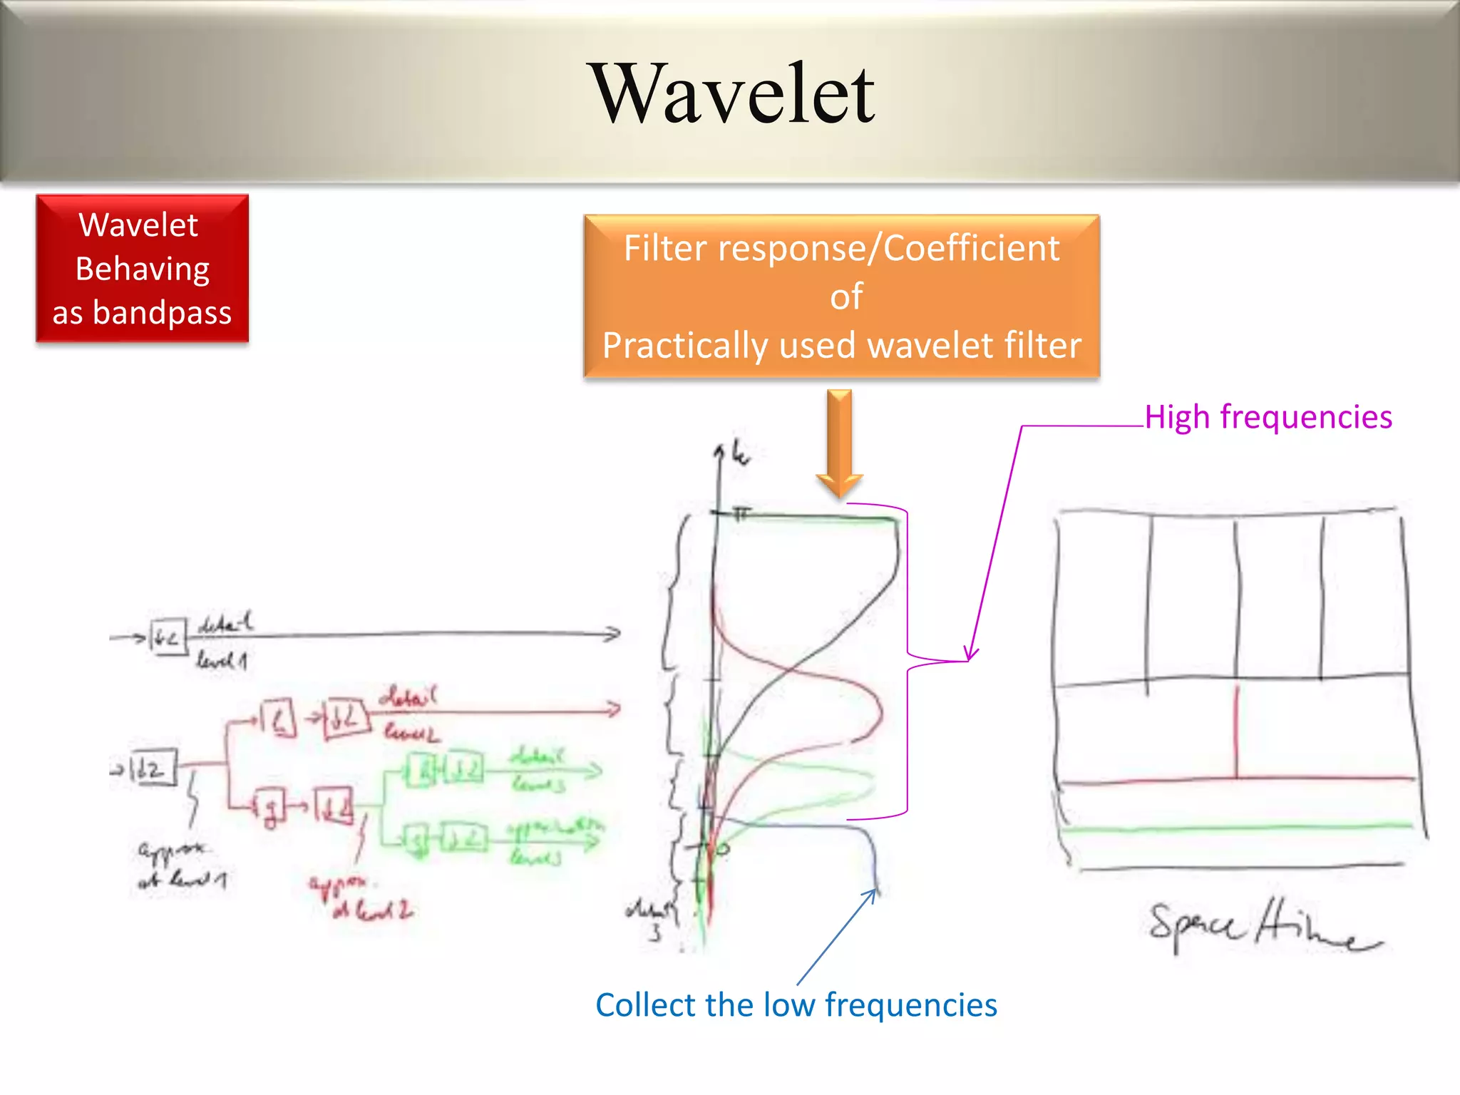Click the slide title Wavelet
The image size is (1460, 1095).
[734, 95]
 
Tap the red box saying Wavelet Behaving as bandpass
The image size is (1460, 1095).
[142, 269]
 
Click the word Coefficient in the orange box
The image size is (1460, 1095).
[971, 249]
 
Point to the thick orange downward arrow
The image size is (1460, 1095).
[840, 442]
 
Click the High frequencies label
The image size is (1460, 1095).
[1268, 417]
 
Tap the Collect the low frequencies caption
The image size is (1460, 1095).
[796, 1005]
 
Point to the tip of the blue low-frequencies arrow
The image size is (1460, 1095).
[875, 890]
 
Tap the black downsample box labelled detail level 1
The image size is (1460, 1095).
[168, 637]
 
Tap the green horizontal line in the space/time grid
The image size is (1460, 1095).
[1237, 828]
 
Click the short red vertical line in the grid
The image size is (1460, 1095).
[1237, 731]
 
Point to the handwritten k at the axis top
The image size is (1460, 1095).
[740, 454]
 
